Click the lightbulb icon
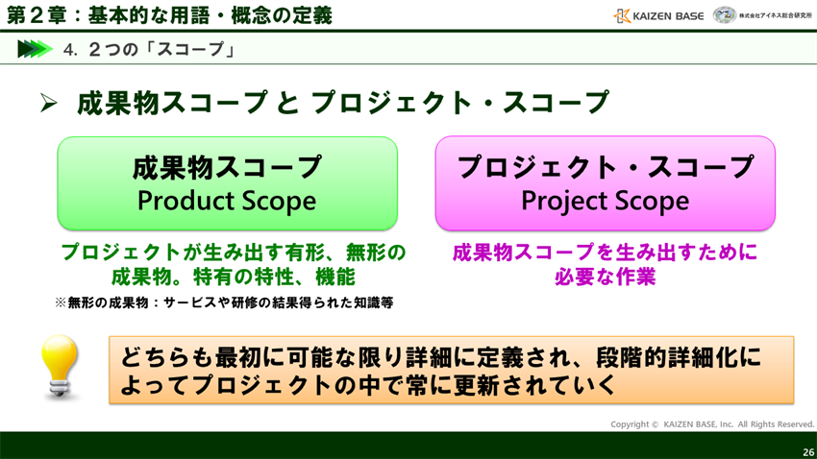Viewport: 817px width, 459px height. click(x=60, y=367)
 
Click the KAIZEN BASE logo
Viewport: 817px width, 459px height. click(x=658, y=15)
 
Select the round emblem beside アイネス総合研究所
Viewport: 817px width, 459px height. click(x=724, y=15)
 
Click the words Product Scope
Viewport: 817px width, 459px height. click(x=227, y=201)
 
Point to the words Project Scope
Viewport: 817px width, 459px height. click(x=605, y=201)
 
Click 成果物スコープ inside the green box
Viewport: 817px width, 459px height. click(x=227, y=167)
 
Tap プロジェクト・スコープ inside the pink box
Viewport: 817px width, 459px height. click(x=605, y=167)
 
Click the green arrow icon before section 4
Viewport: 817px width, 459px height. click(x=35, y=49)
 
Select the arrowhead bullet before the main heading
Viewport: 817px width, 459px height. click(x=49, y=104)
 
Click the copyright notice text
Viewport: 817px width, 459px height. click(x=712, y=423)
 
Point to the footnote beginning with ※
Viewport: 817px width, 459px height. click(x=223, y=302)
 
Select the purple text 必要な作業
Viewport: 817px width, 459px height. click(x=605, y=278)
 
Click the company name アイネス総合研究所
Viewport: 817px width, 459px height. click(x=776, y=15)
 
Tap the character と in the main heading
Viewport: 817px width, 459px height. click(x=288, y=103)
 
